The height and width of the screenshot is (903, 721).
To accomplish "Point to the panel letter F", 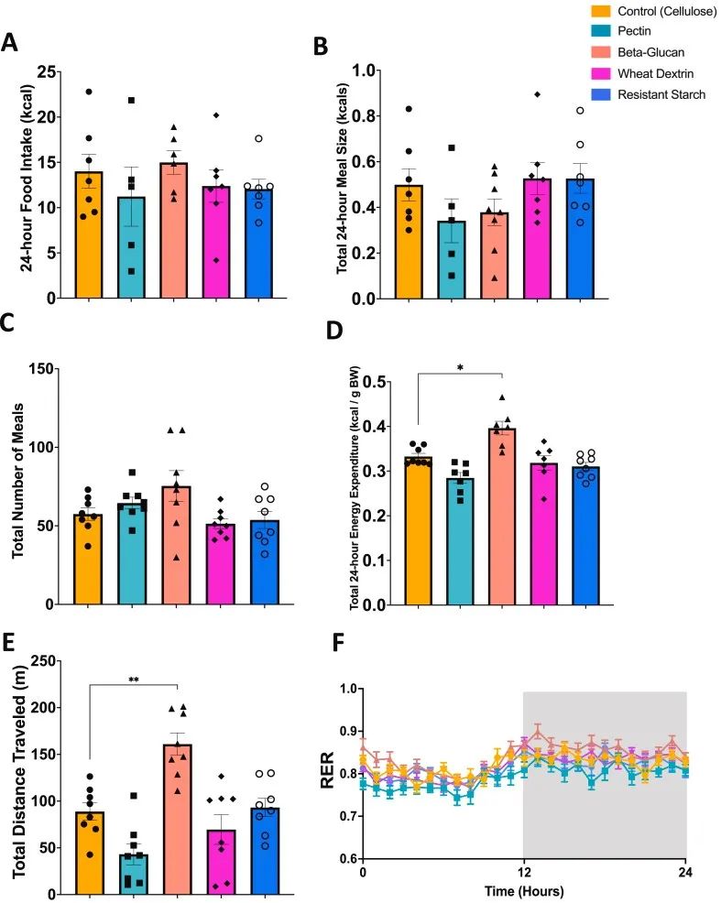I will click(x=336, y=642).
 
